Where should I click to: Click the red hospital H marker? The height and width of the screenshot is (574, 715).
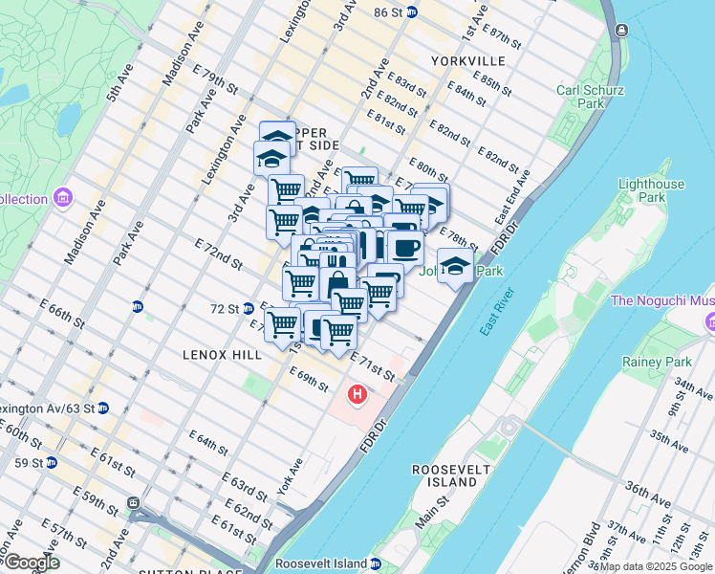357,393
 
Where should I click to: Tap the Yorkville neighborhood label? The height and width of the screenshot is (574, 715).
467,60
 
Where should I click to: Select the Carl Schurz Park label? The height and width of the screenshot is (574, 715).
591,97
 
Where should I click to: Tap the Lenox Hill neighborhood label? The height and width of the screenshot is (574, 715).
222,354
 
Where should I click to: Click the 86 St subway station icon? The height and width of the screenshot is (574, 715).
411,11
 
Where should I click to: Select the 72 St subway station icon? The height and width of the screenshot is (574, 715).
248,308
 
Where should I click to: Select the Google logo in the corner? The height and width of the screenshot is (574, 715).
31,563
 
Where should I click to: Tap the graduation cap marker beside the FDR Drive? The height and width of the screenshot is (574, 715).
455,266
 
